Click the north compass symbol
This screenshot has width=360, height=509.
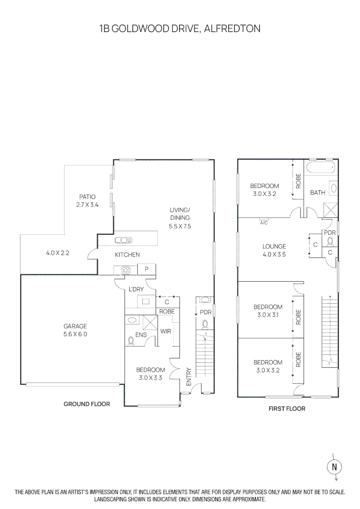[334, 467]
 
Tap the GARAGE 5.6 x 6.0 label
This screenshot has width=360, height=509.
[76, 330]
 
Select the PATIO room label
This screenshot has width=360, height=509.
[87, 197]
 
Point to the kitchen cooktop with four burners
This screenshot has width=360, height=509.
[126, 270]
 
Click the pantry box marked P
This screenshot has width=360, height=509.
[147, 270]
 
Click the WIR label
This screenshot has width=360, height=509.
[165, 331]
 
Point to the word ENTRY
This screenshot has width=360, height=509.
[188, 377]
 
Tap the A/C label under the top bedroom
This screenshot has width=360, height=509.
[264, 222]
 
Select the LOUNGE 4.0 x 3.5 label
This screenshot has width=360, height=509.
[274, 250]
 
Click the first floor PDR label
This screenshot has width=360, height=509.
[329, 233]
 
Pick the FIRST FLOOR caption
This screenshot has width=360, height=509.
[287, 409]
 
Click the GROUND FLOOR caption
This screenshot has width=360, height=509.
[87, 404]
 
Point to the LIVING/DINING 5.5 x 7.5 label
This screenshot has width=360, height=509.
[180, 218]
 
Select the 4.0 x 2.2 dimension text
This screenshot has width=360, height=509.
[58, 253]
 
